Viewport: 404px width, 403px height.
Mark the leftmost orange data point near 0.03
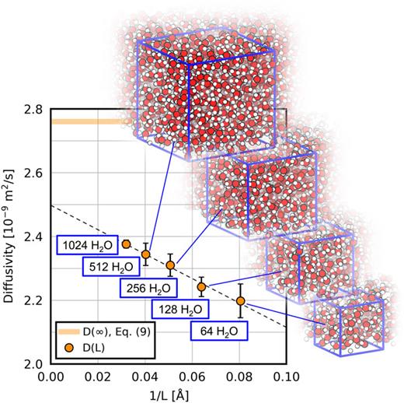[x=127, y=244]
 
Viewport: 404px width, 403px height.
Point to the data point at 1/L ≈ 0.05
[x=171, y=265]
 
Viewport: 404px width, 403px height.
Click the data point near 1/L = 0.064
[x=202, y=286]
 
